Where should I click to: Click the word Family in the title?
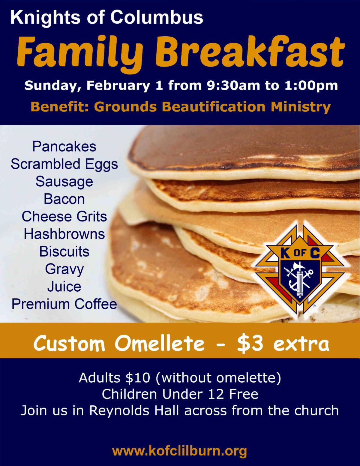[x=80, y=53]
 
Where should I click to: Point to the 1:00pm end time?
[x=311, y=85]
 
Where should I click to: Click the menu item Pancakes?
[x=64, y=147]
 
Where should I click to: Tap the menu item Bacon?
[x=64, y=199]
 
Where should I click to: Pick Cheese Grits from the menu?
[x=64, y=217]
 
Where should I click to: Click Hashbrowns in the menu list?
[x=64, y=234]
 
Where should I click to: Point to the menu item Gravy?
[x=64, y=269]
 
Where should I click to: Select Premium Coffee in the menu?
[x=64, y=304]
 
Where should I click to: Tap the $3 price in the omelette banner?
[x=250, y=344]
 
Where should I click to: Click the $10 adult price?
[x=138, y=384]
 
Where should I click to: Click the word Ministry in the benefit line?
[x=301, y=107]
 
